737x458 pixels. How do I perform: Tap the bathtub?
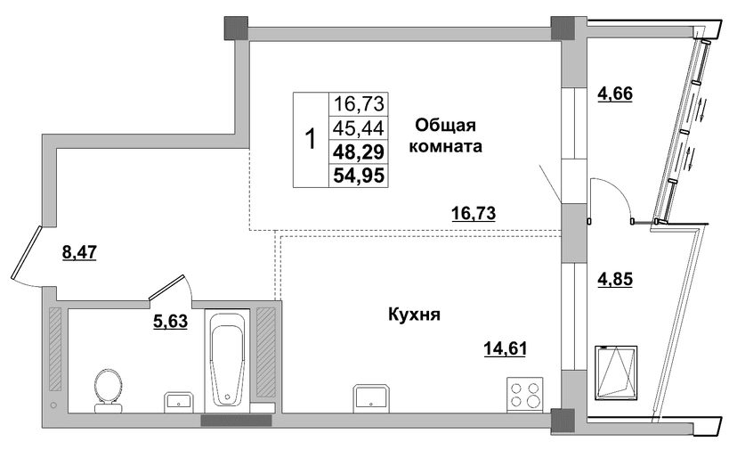coord(228,359)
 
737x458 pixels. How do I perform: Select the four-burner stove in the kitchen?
coord(525,395)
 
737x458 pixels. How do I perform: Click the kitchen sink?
coord(371,398)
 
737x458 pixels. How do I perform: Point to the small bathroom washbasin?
coord(179,403)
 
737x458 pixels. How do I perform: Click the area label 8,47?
coord(79,253)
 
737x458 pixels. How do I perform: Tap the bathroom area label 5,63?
coord(170,322)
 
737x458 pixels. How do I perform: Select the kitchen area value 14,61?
coord(506,348)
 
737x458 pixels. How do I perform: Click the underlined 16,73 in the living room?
coord(474,213)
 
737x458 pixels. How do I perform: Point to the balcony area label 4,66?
coord(615,94)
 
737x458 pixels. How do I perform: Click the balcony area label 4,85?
coord(615,279)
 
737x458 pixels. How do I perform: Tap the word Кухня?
coord(414,315)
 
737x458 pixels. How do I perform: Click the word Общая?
coord(446,126)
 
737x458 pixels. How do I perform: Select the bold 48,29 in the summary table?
coord(359,151)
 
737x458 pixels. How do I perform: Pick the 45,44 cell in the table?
coord(359,127)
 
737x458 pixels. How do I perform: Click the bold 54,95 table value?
coord(359,176)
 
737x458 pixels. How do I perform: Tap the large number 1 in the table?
coord(311,139)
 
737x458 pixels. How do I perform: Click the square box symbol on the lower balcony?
coord(616,372)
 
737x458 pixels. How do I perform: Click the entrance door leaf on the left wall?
coord(26,252)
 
